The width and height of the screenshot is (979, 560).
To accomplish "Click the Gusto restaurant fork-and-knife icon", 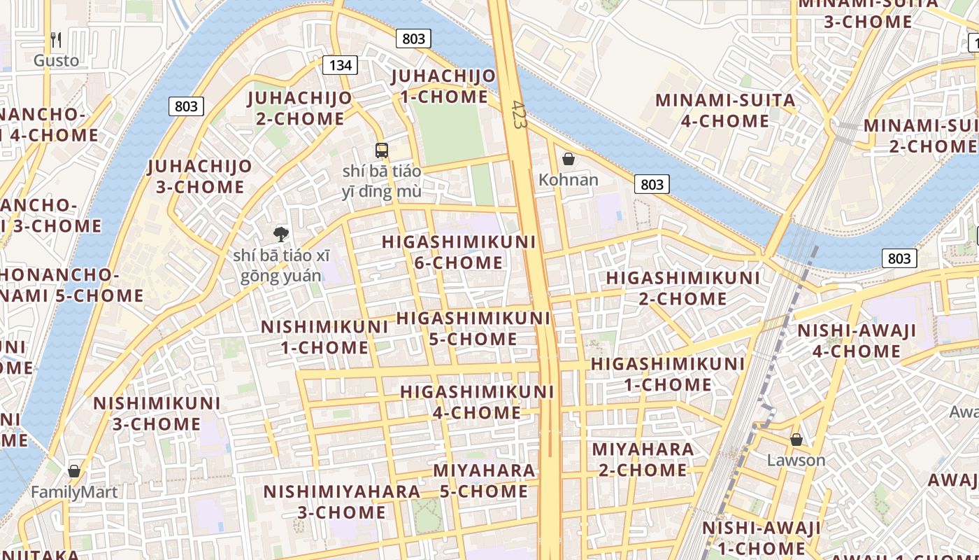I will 57,40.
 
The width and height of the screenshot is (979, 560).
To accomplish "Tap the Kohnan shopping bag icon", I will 569,160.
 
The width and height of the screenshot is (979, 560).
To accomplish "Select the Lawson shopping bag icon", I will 796,440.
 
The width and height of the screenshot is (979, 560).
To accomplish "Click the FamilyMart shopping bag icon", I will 74,471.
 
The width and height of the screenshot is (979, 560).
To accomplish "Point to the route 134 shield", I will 340,65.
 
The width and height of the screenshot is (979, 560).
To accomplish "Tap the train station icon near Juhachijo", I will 381,150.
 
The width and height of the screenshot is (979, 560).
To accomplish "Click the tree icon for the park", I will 281,234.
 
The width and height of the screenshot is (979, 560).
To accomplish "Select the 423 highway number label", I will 518,114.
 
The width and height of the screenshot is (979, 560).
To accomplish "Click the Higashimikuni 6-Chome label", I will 459,252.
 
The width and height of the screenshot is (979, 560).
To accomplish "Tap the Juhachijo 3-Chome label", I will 200,176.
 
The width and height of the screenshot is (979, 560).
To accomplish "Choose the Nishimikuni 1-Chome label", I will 324,337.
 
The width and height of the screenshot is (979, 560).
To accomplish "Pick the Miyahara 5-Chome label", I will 484,480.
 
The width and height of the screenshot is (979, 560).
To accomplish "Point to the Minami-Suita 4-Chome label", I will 725,110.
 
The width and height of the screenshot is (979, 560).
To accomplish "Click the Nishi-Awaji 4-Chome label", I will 857,340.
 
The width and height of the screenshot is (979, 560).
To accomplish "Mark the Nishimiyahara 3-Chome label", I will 342,501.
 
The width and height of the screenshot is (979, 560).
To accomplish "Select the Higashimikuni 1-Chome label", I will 668,374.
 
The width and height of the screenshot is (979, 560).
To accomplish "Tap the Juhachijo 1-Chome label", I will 443,86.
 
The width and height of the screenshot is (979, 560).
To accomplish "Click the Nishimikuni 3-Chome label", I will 157,413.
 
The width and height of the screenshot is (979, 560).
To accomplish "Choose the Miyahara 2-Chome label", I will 643,459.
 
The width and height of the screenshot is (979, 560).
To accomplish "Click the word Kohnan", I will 569,180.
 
